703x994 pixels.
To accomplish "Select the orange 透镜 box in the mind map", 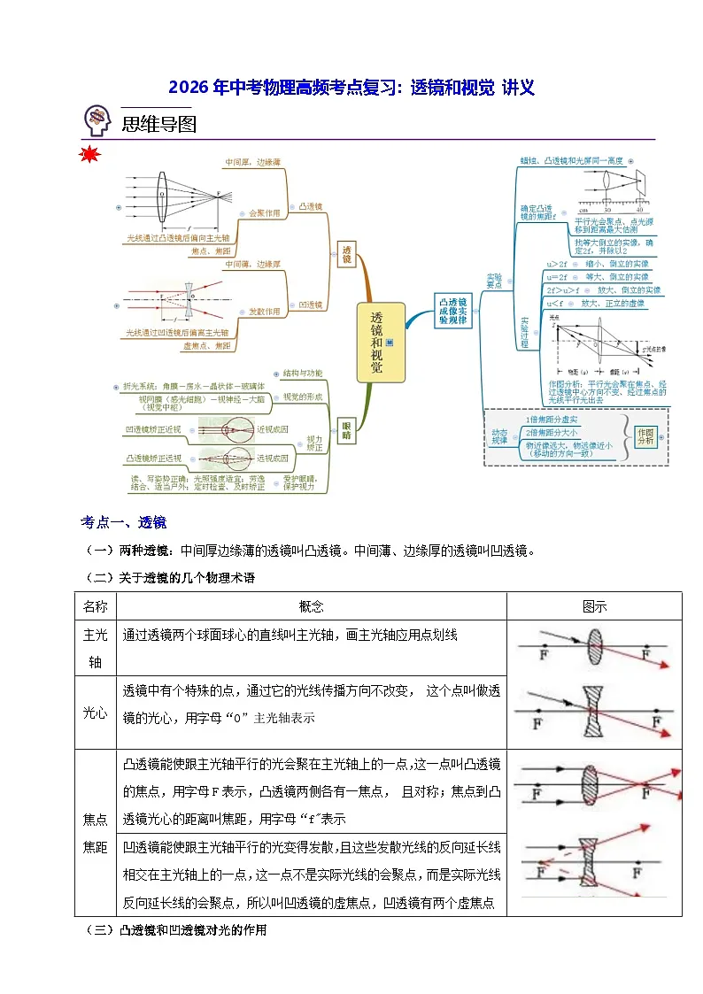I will point(346,255).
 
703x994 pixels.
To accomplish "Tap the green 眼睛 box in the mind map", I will point(346,430).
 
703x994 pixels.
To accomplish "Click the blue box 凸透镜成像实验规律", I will point(453,312).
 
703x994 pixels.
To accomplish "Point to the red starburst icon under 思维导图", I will point(89,157).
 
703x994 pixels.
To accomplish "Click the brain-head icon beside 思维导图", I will point(97,121).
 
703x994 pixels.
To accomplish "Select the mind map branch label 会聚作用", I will point(264,213).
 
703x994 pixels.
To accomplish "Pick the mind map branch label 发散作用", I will point(264,312).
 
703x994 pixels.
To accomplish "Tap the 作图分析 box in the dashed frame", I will point(645,435).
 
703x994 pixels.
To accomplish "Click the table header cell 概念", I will point(312,606).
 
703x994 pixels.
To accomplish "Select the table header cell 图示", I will point(594,606).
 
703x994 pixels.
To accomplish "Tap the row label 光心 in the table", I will point(96,713).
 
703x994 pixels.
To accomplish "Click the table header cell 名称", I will point(96,606).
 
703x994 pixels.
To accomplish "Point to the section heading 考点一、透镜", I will point(123,521).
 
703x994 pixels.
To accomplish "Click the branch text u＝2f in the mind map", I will point(557,277).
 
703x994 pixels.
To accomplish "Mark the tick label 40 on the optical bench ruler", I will point(640,211).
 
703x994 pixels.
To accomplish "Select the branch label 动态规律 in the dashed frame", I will point(501,435).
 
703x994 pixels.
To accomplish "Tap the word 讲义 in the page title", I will point(518,87).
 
